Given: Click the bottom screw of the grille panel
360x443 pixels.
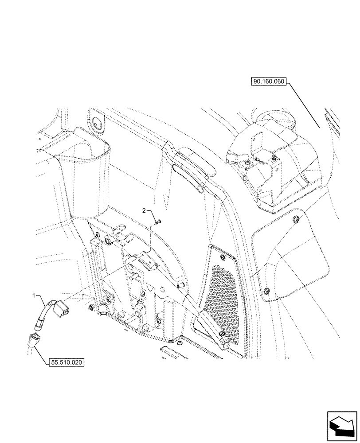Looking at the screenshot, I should [223, 333].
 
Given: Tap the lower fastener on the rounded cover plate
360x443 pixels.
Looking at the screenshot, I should [266, 291].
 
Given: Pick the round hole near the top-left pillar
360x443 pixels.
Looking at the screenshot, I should [96, 123].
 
